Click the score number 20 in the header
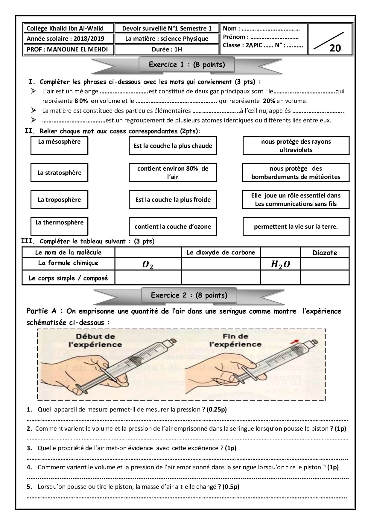pos(335,48)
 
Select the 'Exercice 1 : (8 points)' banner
pos(187,65)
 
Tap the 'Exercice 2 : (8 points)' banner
pos(189,295)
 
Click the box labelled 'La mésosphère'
pos(59,145)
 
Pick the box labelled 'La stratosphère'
pos(59,173)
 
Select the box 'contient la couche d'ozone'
pos(173,227)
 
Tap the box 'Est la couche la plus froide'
pos(173,200)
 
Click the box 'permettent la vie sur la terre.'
pos(296,227)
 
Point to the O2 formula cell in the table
pos(148,265)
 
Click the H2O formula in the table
pos(280,264)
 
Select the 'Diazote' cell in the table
pos(325,253)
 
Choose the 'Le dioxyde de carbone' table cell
pos(221,252)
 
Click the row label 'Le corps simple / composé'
pos(68,278)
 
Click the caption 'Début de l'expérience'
pos(95,340)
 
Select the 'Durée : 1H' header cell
pos(167,49)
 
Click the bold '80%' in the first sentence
pos(81,101)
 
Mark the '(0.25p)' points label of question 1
pos(217,409)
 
